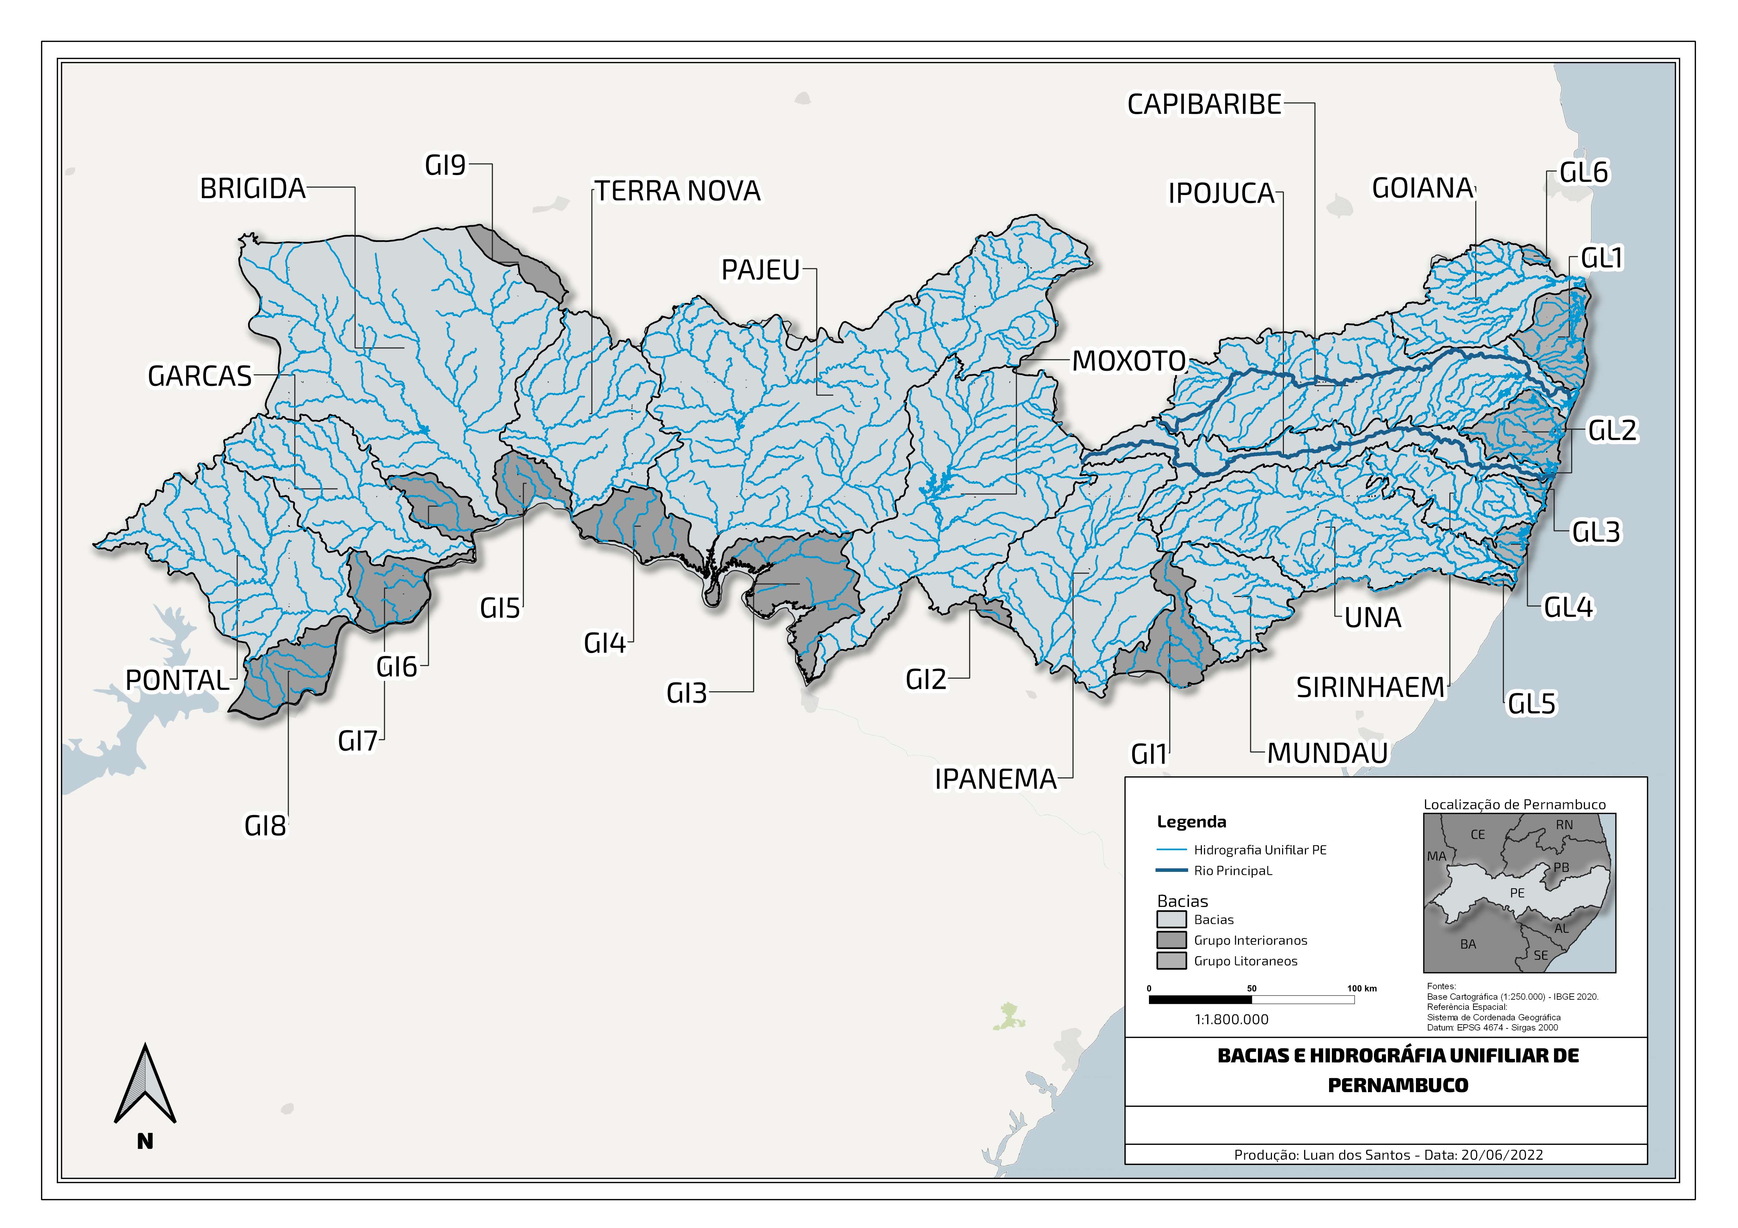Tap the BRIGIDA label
253,188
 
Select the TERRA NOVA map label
677,192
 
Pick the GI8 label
265,825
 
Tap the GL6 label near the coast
1583,173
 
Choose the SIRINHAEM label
1370,688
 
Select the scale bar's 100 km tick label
1362,988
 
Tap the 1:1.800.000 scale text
1232,1019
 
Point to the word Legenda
1191,822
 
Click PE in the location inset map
1517,893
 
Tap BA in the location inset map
1468,944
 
